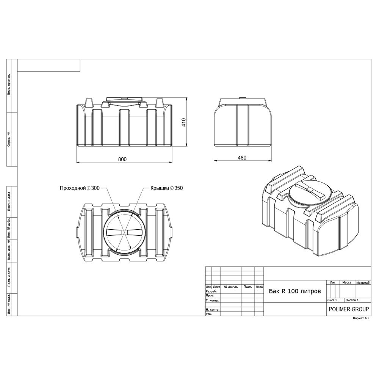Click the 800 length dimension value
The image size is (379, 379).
pos(122,159)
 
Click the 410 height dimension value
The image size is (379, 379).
pos(184,122)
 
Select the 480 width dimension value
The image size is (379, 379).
pos(242,158)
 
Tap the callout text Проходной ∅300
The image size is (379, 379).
pos(80,188)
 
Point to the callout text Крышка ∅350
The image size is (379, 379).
pos(166,188)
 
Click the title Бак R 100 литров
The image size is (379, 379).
pos(295,291)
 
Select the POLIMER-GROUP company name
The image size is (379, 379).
pos(349,309)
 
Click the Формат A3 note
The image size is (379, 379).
pos(360,318)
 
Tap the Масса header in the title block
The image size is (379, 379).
pos(347,282)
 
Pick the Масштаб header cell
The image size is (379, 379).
pos(363,283)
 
